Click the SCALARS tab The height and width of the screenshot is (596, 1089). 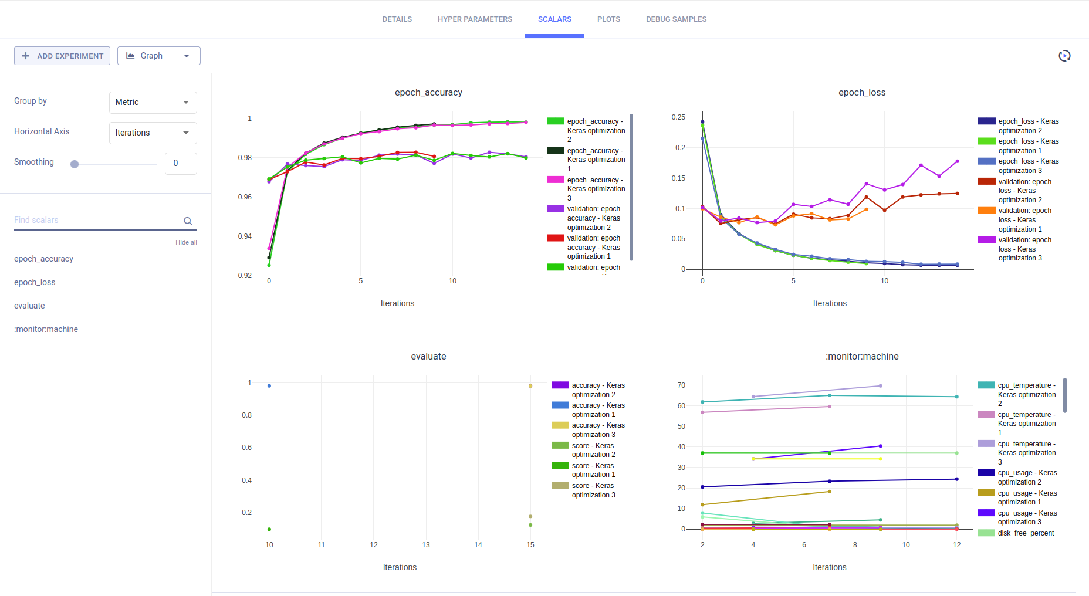pyautogui.click(x=554, y=19)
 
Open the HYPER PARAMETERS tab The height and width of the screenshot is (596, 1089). pyautogui.click(x=475, y=19)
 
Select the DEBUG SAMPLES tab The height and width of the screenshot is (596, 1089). pyautogui.click(x=676, y=19)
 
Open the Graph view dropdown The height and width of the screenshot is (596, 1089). pyautogui.click(x=159, y=56)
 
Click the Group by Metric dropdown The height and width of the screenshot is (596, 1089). pyautogui.click(x=153, y=102)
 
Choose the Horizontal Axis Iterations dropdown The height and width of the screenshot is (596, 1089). pyautogui.click(x=153, y=133)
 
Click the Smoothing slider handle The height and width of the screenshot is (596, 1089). pyautogui.click(x=75, y=164)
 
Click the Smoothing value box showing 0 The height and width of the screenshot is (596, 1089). pyautogui.click(x=181, y=164)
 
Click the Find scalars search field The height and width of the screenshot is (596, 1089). pyautogui.click(x=97, y=220)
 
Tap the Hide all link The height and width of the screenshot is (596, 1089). pyautogui.click(x=186, y=242)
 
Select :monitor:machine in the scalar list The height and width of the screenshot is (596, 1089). pyautogui.click(x=46, y=329)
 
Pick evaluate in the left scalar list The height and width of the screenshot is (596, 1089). pyautogui.click(x=29, y=306)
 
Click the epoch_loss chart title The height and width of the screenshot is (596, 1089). pyautogui.click(x=861, y=93)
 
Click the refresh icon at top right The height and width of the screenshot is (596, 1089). pyautogui.click(x=1064, y=56)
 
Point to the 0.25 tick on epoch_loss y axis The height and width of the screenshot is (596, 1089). pyautogui.click(x=678, y=117)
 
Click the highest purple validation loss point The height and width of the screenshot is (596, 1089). pyautogui.click(x=958, y=161)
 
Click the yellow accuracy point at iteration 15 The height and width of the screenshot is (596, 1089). pyautogui.click(x=530, y=386)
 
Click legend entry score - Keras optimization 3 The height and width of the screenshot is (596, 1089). pyautogui.click(x=593, y=490)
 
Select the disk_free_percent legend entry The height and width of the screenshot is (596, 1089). pyautogui.click(x=1025, y=533)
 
